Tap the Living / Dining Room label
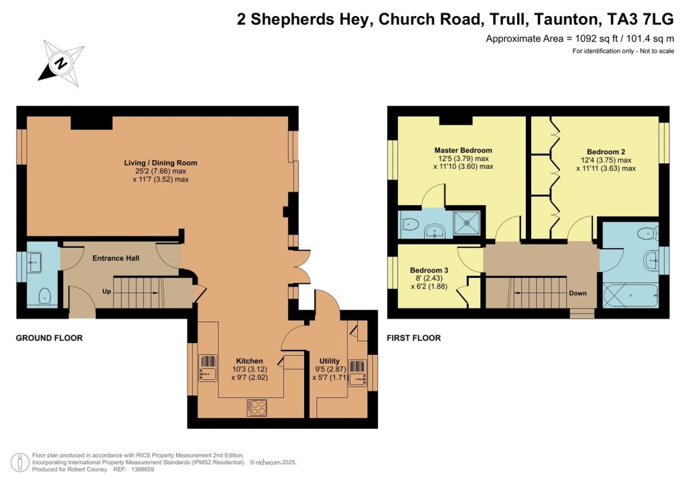pyautogui.click(x=161, y=163)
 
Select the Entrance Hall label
pyautogui.click(x=115, y=258)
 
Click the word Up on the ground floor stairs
pyautogui.click(x=106, y=292)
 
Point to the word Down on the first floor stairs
pyautogui.click(x=577, y=293)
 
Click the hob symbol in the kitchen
pyautogui.click(x=257, y=407)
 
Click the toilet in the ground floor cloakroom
pyautogui.click(x=45, y=295)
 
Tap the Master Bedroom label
pyautogui.click(x=463, y=150)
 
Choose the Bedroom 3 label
pyautogui.click(x=429, y=271)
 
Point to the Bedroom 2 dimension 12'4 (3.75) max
pyautogui.click(x=606, y=160)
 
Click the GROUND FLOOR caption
pyautogui.click(x=49, y=338)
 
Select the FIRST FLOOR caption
pyautogui.click(x=413, y=338)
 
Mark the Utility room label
pyautogui.click(x=329, y=361)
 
